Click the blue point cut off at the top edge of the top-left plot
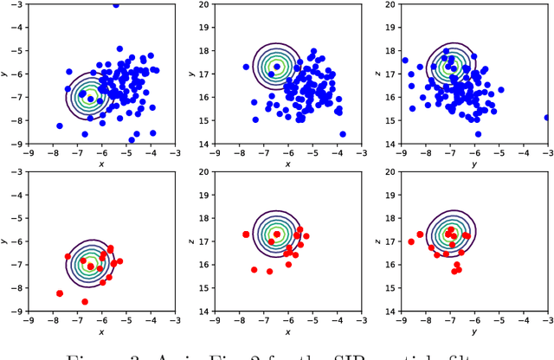coord(115,4)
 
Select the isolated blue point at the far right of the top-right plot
coord(547,118)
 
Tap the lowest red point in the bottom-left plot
coord(84,301)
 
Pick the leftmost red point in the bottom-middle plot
coord(246,235)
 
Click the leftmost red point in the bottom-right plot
coord(411,241)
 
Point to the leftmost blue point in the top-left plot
coord(59,125)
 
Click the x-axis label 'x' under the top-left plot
coord(101,164)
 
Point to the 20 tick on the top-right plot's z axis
coord(390,5)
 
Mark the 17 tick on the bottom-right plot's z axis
coord(390,235)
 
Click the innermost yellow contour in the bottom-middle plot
coord(276,234)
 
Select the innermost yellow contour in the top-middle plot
coord(277,65)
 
